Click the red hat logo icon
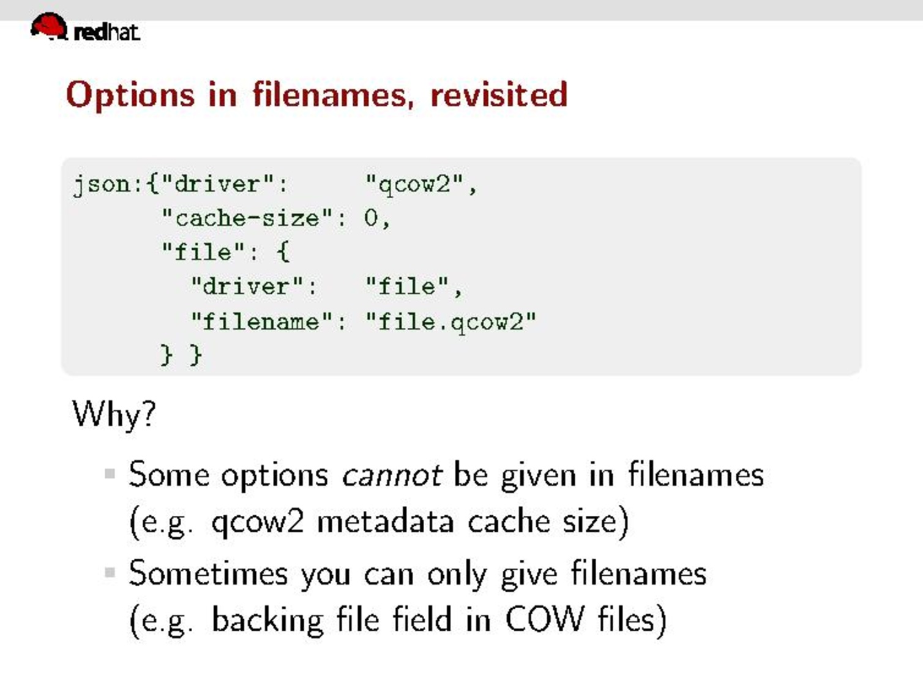click(x=49, y=26)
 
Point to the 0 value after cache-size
click(x=372, y=218)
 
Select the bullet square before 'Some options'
click(x=110, y=474)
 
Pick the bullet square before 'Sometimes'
click(x=110, y=573)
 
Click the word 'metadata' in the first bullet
click(x=386, y=522)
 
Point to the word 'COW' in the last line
click(x=544, y=619)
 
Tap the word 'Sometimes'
click(x=209, y=573)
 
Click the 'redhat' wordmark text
click(x=106, y=32)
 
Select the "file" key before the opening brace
click(x=203, y=252)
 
